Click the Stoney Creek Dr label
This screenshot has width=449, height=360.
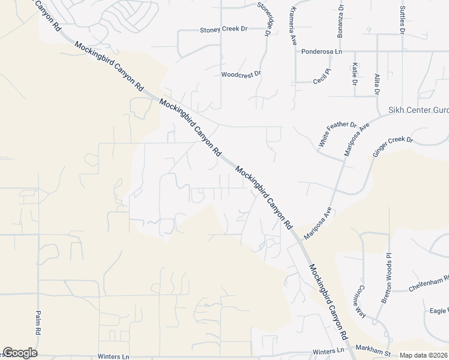click(223, 29)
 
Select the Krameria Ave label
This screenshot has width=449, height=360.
click(294, 26)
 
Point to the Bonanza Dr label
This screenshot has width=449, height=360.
click(340, 22)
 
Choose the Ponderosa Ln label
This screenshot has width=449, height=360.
click(321, 52)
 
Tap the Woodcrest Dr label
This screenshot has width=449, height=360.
click(241, 74)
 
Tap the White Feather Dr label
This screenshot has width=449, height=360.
click(337, 135)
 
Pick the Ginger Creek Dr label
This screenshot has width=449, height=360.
click(393, 147)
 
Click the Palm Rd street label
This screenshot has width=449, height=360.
click(37, 323)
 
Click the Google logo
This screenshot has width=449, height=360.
click(20, 353)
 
